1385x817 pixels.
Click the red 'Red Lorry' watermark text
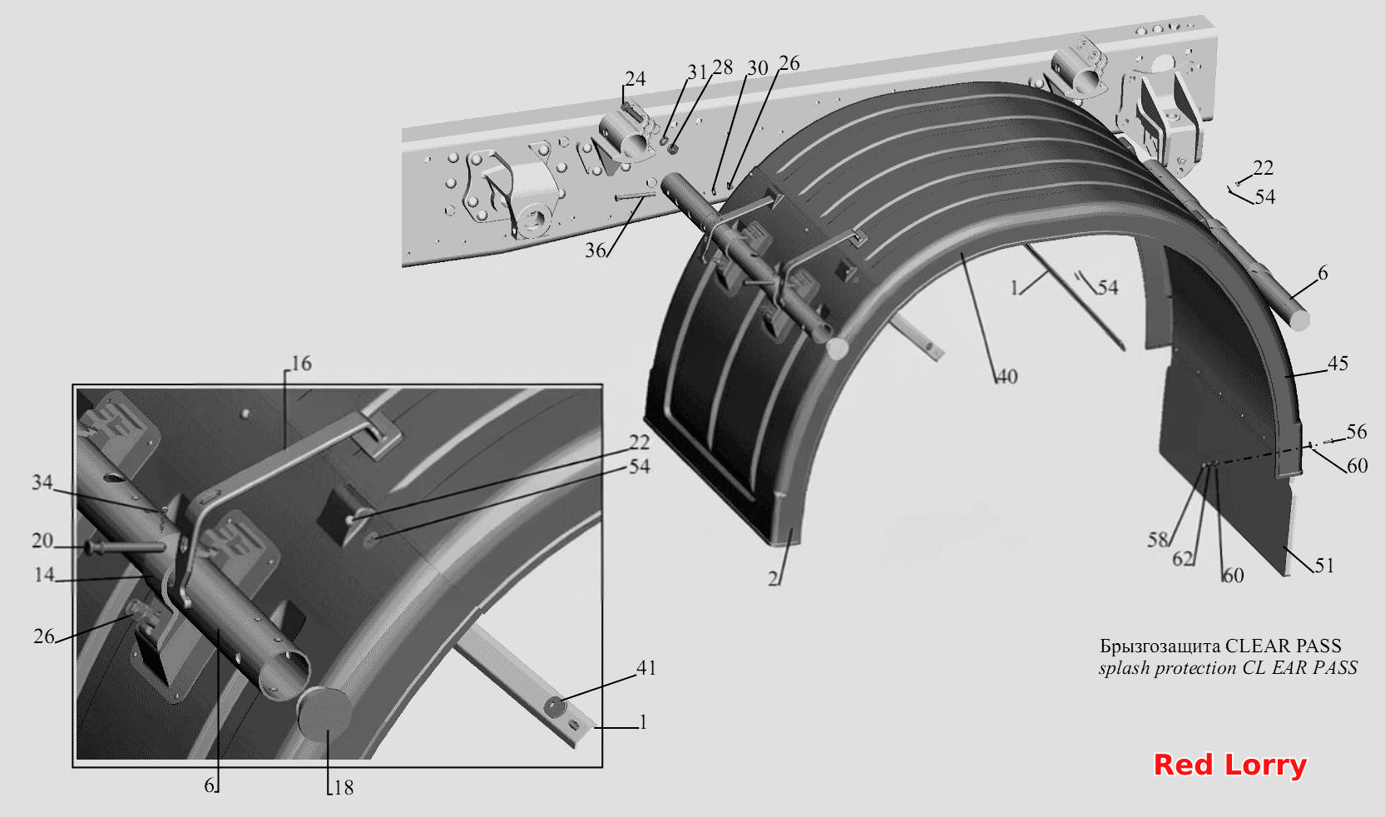click(x=1229, y=765)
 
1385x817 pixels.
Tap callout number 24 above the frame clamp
click(x=635, y=78)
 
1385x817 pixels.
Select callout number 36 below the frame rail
click(x=596, y=250)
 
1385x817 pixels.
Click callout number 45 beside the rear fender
click(x=1338, y=363)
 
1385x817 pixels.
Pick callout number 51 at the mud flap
click(x=1324, y=565)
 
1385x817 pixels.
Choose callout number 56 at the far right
click(x=1357, y=431)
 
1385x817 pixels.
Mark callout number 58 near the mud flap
click(x=1158, y=539)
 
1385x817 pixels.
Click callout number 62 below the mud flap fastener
click(x=1183, y=558)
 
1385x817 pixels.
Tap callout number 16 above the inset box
click(x=301, y=363)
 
